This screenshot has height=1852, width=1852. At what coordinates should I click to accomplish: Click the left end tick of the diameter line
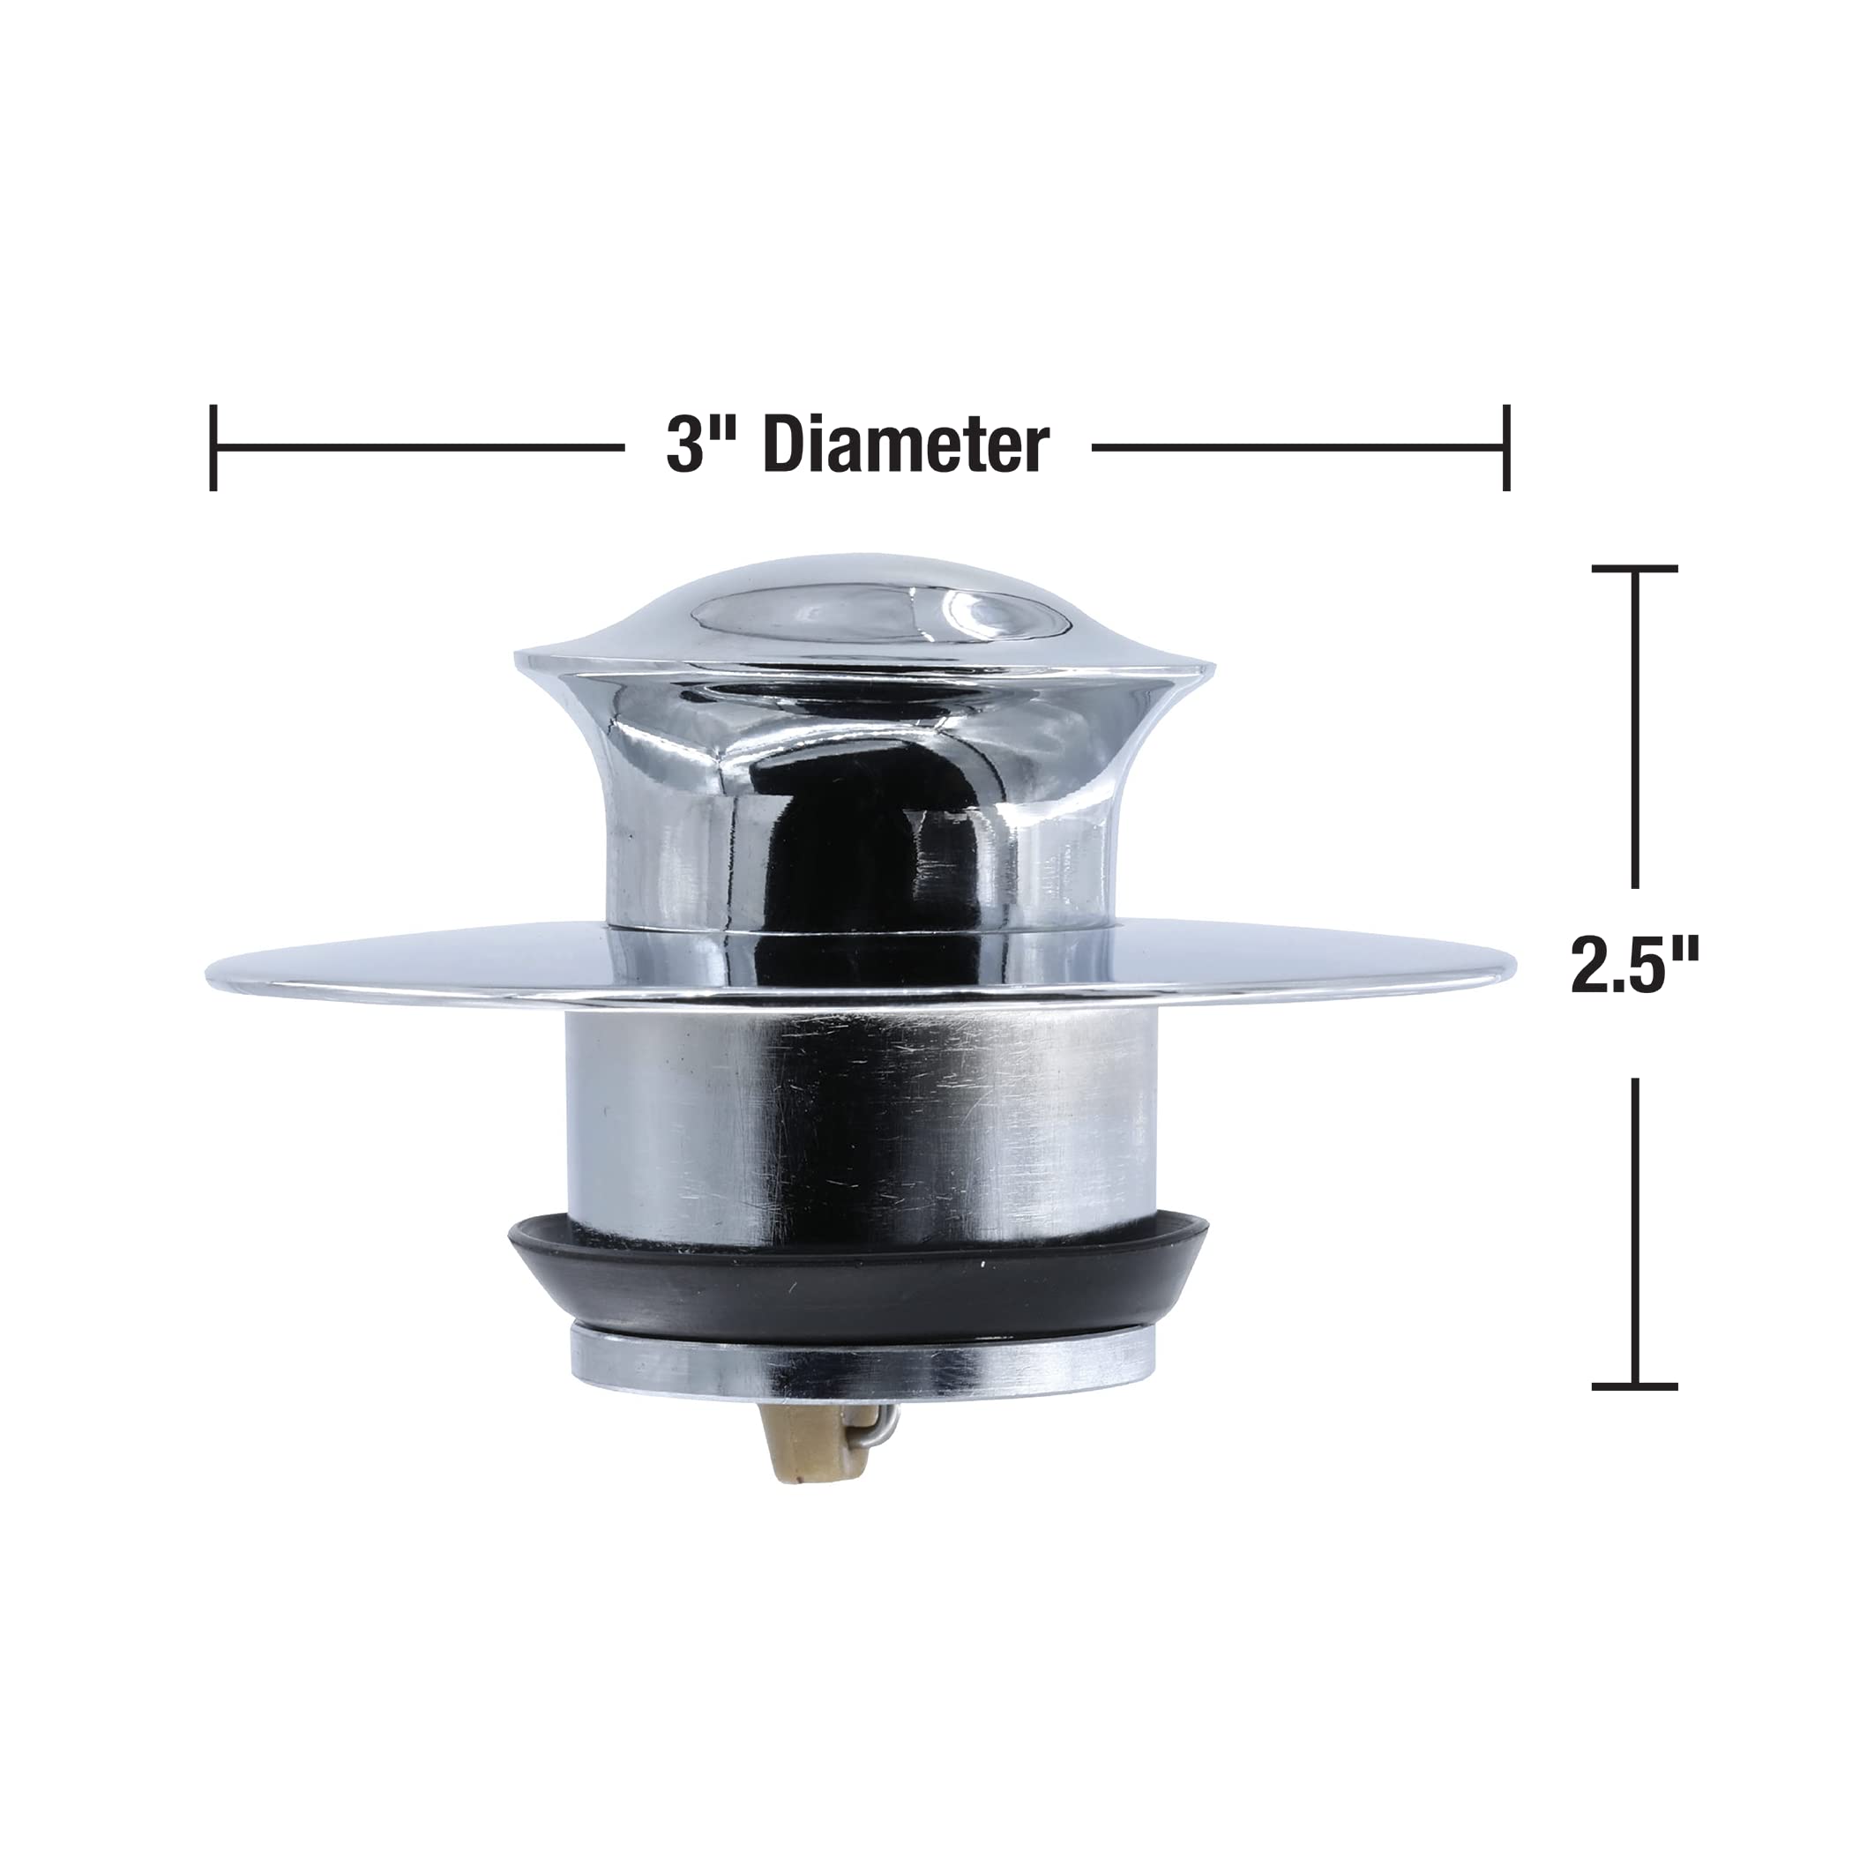pos(213,448)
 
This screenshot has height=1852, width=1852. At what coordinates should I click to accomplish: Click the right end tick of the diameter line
pos(1507,448)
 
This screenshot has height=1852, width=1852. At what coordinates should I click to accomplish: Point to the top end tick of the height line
pos(1634,569)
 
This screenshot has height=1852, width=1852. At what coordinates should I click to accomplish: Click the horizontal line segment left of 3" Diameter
pos(417,448)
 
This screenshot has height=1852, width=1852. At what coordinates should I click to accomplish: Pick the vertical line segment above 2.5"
pos(1634,728)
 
